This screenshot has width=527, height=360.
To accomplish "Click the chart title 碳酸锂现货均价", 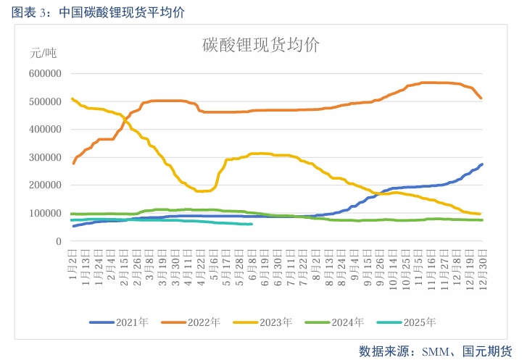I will coord(260,45).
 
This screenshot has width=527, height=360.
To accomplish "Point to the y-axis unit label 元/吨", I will coord(43,53).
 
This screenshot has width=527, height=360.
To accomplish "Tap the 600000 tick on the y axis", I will coord(44,74).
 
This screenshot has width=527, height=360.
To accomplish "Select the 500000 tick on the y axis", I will coord(44,102).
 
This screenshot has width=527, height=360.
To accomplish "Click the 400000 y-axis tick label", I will coord(44,130).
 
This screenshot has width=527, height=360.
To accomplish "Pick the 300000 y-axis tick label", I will coord(44,158).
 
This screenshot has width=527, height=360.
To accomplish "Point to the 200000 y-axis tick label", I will coord(44,186).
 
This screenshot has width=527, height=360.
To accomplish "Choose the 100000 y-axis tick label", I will coord(44,214).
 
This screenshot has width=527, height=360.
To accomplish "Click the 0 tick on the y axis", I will coord(59,242).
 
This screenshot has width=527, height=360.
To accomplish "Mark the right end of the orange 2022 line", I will coord(481,98).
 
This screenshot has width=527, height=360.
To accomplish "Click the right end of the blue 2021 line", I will coord(482,164).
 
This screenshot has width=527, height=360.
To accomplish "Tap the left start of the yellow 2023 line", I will coord(72,99).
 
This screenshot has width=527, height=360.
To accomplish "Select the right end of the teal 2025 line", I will coord(252,224).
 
